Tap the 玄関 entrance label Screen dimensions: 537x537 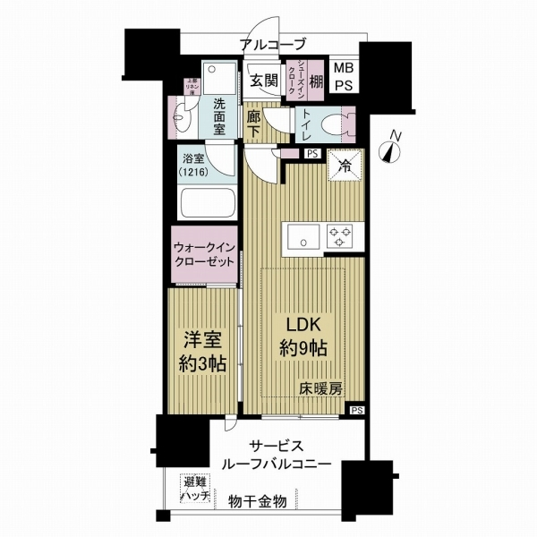(x=263, y=78)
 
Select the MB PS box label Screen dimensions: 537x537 (x=343, y=75)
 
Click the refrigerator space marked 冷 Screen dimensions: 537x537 (x=343, y=164)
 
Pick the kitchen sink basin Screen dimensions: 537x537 (x=301, y=237)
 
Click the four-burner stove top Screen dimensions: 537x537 (x=338, y=237)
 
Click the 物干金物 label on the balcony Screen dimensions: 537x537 (x=257, y=501)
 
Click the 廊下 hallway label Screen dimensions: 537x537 (x=253, y=124)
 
